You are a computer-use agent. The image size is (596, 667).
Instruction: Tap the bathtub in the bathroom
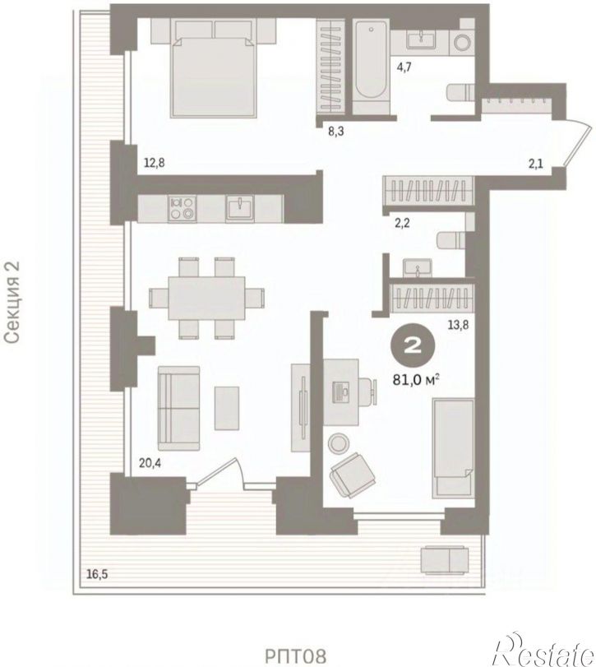(x=371, y=67)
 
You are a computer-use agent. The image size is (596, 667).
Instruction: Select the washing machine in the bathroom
(x=462, y=43)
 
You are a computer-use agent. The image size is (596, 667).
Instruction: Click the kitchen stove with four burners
(x=182, y=208)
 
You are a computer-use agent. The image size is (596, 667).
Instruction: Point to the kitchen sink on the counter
(x=240, y=208)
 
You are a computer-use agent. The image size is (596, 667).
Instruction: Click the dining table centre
(x=206, y=298)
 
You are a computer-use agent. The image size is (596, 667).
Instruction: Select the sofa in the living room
(x=178, y=409)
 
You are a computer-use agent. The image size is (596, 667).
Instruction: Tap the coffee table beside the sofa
(x=227, y=408)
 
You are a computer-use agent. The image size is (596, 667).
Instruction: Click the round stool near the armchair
(x=339, y=442)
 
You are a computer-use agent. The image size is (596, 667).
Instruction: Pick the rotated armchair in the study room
(x=353, y=475)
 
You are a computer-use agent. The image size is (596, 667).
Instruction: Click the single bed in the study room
(x=453, y=448)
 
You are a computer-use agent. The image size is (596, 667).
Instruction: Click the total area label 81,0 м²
(x=416, y=379)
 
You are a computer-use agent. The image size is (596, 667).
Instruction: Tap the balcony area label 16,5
(x=97, y=574)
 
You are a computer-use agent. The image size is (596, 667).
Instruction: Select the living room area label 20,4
(x=150, y=462)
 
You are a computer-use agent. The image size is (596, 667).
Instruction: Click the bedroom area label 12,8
(x=155, y=163)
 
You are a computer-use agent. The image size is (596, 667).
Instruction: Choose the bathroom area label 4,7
(x=404, y=67)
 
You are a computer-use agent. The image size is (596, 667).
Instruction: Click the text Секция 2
(x=12, y=302)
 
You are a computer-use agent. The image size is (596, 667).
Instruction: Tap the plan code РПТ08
(x=296, y=655)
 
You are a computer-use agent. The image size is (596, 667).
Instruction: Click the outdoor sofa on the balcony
(x=445, y=560)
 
